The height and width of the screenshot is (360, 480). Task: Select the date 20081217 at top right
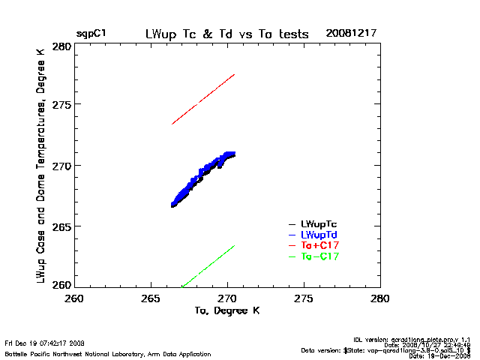click(351, 34)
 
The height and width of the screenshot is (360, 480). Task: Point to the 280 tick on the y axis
click(61, 46)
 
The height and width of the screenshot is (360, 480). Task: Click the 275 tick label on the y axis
click(61, 105)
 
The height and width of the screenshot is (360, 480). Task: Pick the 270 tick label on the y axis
click(61, 165)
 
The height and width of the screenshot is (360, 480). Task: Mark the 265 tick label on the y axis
click(61, 226)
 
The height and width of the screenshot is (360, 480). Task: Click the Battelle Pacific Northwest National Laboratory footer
click(108, 352)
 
